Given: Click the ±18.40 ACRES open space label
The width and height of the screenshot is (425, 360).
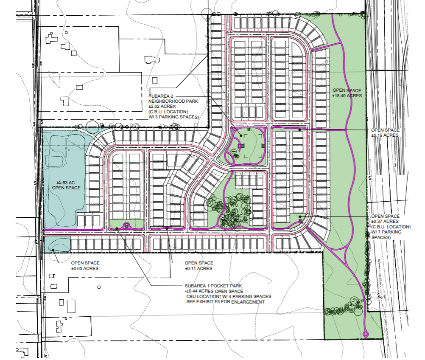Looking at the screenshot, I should pos(347,93).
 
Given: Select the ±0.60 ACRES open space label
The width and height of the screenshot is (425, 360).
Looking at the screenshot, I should pos(85,266).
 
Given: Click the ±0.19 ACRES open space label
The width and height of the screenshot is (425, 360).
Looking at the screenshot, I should pos(385,132).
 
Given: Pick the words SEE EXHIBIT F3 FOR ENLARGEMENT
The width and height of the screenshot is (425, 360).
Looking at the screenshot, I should pos(225,302).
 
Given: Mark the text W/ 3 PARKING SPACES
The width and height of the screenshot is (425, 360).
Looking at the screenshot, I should pos(174,117).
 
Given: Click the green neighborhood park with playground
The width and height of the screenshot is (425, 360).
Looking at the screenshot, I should pos(248,146).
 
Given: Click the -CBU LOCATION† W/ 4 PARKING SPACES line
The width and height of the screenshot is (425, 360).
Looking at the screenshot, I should pos(228,296).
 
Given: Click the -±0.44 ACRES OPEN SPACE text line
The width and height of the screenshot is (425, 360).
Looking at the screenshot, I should pos(215,291).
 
